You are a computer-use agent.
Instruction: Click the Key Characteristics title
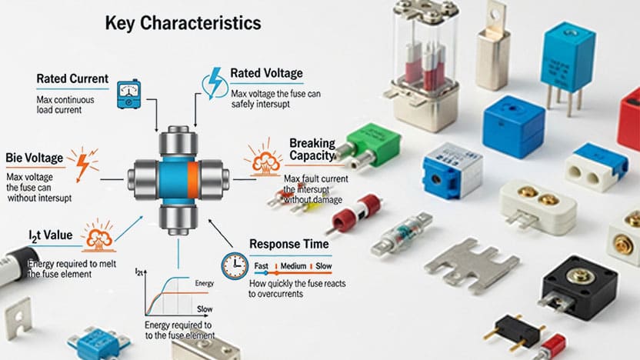coord(182,24)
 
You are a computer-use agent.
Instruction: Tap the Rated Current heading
coord(72,79)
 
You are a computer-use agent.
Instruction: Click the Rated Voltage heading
coord(266,74)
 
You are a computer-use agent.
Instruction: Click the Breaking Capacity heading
coord(312,150)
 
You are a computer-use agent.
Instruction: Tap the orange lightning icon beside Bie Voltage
coord(82,163)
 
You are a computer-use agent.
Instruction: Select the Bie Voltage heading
coord(35,158)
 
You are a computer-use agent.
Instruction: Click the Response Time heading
coord(289,244)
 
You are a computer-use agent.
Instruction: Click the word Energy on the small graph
coord(204,283)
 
